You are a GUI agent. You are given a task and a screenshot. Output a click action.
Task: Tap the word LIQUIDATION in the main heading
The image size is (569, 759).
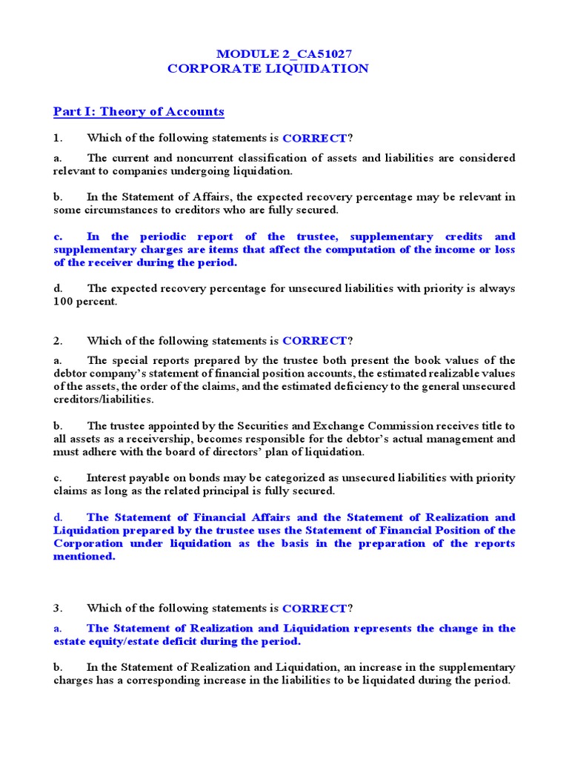[321, 69]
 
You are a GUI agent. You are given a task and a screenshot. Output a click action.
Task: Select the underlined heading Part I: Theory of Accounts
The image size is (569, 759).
[139, 112]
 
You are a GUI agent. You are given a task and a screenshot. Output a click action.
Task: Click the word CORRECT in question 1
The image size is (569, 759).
[314, 138]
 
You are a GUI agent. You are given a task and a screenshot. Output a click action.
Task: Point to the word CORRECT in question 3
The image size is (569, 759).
[314, 609]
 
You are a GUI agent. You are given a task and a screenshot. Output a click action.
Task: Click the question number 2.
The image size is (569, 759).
[56, 341]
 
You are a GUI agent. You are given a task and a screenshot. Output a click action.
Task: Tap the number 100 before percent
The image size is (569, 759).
[64, 302]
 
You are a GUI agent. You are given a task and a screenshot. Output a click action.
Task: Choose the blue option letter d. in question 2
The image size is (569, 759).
[58, 517]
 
